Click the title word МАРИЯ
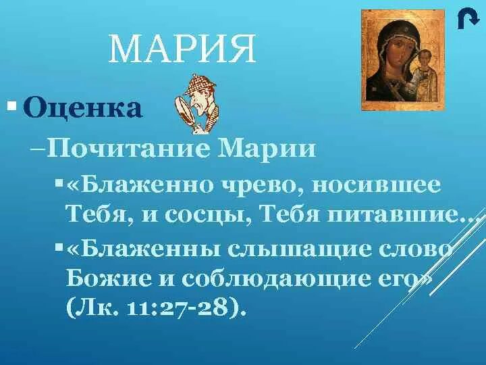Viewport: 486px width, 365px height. [x=182, y=50]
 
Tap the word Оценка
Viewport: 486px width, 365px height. [x=83, y=107]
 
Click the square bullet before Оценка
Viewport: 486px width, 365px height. [x=11, y=106]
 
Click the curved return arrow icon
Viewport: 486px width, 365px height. [x=464, y=20]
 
